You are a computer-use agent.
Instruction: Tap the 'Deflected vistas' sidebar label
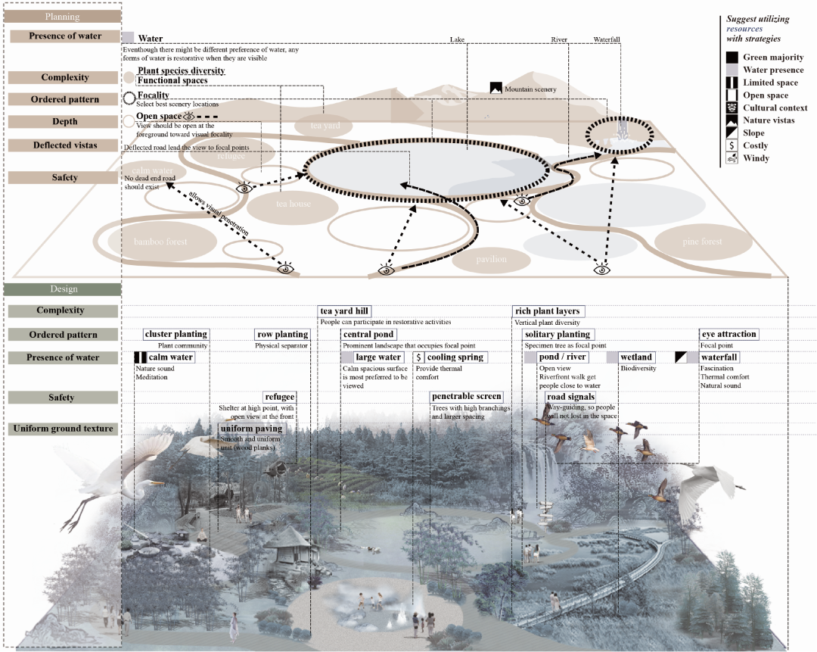pyautogui.click(x=65, y=145)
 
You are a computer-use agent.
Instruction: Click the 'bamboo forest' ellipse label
pyautogui.click(x=160, y=242)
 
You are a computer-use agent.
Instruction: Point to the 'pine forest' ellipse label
pyautogui.click(x=702, y=242)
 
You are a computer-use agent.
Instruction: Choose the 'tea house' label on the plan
pyautogui.click(x=294, y=204)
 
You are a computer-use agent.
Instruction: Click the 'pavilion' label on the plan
pyautogui.click(x=492, y=260)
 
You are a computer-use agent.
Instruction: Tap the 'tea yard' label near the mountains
pyautogui.click(x=325, y=126)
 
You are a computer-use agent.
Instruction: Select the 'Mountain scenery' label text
pyautogui.click(x=530, y=89)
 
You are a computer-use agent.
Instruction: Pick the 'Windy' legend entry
pyautogui.click(x=756, y=158)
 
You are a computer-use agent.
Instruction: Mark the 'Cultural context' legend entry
pyautogui.click(x=775, y=108)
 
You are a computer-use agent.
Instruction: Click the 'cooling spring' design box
pyautogui.click(x=455, y=357)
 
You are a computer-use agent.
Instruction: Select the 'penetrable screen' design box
pyautogui.click(x=467, y=397)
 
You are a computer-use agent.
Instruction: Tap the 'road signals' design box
pyautogui.click(x=570, y=397)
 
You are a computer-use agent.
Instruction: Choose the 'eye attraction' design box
pyautogui.click(x=728, y=334)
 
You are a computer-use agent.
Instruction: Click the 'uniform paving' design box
pyautogui.click(x=252, y=429)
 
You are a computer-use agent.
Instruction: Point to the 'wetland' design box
pyautogui.click(x=636, y=357)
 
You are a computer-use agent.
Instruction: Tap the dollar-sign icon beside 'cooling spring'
pyautogui.click(x=418, y=357)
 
